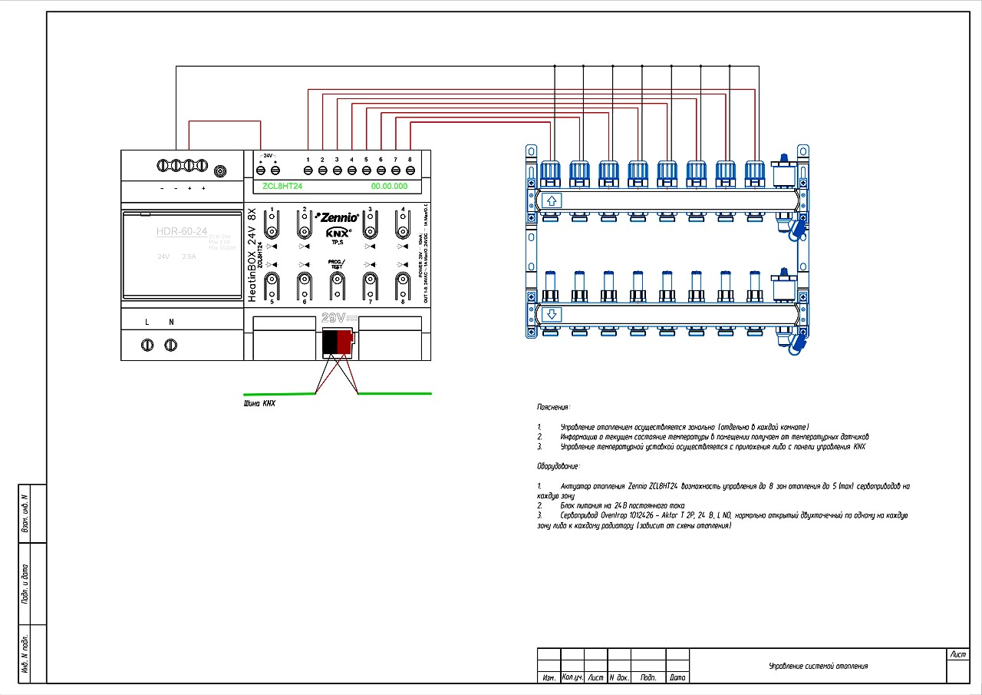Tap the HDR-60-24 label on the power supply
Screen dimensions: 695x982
click(x=182, y=231)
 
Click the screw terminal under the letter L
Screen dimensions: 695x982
click(x=147, y=346)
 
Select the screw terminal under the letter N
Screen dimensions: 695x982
click(x=171, y=346)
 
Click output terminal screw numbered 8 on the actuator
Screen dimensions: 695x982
click(x=410, y=170)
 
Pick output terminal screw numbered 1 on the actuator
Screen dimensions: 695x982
click(x=308, y=170)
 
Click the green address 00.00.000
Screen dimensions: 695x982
click(x=389, y=187)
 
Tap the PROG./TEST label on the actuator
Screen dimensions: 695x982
click(x=336, y=263)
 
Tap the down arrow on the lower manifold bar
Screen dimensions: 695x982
click(x=551, y=315)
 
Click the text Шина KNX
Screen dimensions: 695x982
click(x=259, y=403)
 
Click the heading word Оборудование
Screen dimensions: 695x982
click(x=558, y=466)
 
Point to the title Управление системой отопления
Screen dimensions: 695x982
click(x=818, y=666)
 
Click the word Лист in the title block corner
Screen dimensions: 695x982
click(x=958, y=655)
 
